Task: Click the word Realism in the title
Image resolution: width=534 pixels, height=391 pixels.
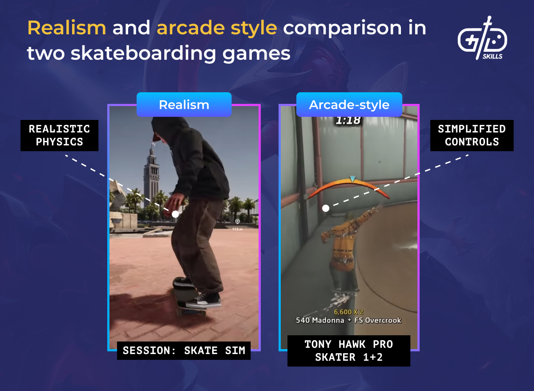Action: (67, 28)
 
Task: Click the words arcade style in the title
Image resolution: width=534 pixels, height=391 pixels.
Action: (217, 28)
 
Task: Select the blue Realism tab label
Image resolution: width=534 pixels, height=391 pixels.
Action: (184, 105)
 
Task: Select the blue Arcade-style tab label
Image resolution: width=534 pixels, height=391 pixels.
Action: (349, 105)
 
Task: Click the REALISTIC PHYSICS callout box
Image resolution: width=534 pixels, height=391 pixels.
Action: (59, 136)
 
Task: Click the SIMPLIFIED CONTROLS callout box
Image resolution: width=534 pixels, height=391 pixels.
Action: (472, 136)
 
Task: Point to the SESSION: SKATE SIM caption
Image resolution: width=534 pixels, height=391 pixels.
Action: (184, 350)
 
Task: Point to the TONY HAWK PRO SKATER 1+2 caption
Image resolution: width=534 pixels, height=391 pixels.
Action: (349, 351)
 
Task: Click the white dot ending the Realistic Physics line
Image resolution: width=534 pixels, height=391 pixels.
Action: (175, 214)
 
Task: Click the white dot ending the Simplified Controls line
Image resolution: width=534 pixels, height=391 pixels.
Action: (326, 208)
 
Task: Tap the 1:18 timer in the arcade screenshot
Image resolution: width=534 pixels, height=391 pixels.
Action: (348, 120)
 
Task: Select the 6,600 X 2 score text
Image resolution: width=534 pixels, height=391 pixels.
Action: (348, 312)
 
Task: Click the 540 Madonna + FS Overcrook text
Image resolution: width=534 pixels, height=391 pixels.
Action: (348, 320)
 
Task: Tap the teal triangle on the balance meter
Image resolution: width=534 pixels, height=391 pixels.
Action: (352, 179)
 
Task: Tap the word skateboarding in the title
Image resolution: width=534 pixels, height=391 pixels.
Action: (138, 54)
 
